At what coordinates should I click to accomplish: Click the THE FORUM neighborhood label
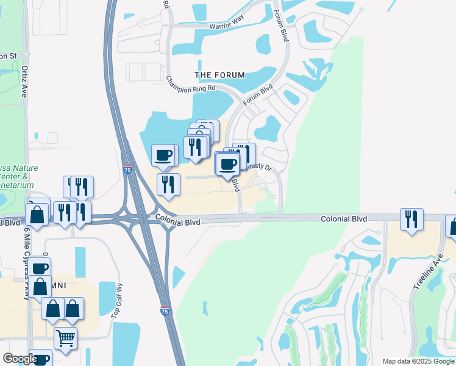click(x=219, y=75)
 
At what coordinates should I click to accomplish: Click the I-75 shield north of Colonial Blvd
click(x=127, y=169)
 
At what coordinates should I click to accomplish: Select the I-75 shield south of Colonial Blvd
click(x=166, y=311)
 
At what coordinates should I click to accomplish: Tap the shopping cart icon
click(x=65, y=337)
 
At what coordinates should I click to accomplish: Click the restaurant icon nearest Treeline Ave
click(x=412, y=219)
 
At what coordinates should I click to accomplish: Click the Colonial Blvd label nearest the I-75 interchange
click(x=177, y=222)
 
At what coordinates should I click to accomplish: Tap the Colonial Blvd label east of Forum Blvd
click(x=344, y=218)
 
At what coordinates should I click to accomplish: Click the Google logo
click(x=20, y=359)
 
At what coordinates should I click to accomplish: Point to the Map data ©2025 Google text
click(x=418, y=361)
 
